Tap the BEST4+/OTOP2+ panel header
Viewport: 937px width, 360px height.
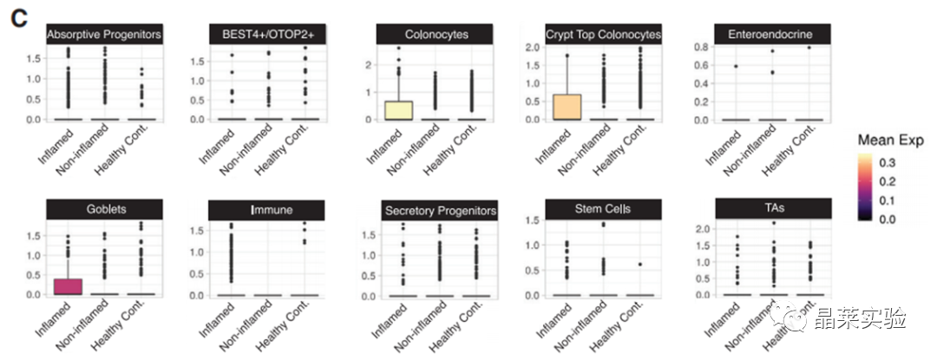[x=266, y=34]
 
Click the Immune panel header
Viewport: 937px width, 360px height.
[x=266, y=210]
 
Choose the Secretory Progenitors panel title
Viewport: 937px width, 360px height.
[x=440, y=211]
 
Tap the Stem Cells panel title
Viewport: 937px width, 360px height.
[x=602, y=209]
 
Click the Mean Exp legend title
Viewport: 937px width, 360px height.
[x=890, y=140]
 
